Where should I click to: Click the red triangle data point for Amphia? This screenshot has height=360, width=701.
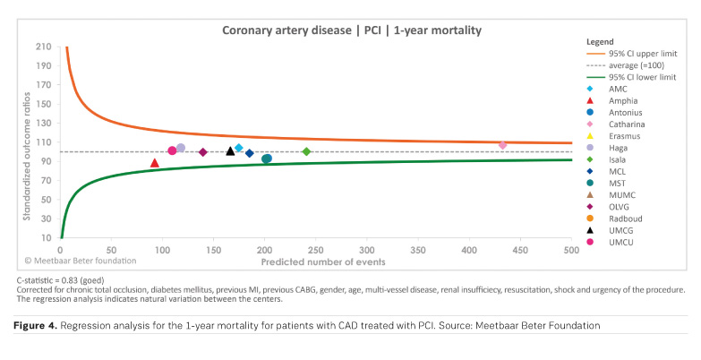click(155, 163)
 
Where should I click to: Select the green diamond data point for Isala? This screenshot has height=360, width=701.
click(306, 152)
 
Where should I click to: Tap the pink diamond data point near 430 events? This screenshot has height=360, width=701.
click(502, 145)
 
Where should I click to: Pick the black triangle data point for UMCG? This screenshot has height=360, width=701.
click(230, 151)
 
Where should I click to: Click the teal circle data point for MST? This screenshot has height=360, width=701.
click(267, 159)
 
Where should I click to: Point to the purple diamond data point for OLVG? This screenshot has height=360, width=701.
click(203, 152)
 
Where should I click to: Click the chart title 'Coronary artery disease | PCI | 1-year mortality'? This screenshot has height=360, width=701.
click(351, 30)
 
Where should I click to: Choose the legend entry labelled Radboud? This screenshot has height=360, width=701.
click(626, 218)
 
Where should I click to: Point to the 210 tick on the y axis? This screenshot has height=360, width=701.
click(43, 47)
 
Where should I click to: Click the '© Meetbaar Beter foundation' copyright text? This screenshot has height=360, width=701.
click(80, 261)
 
